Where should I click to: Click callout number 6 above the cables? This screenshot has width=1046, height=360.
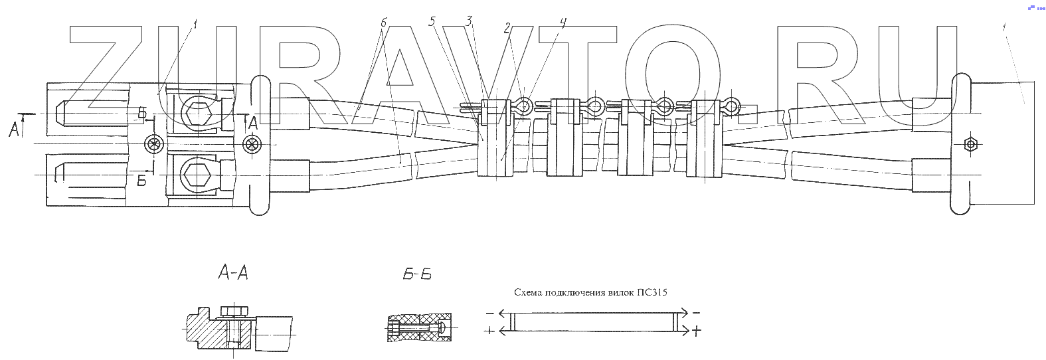384,23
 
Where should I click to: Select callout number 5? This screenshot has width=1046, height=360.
432,21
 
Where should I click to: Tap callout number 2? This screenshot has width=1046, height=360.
507,28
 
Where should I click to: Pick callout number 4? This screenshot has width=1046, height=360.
563,23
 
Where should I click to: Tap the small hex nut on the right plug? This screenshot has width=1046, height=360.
970,144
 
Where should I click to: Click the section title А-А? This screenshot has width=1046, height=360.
233,273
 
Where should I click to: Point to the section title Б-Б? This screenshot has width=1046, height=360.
417,274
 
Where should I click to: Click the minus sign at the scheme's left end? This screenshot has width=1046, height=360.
489,313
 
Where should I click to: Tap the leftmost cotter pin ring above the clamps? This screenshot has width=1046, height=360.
524,106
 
